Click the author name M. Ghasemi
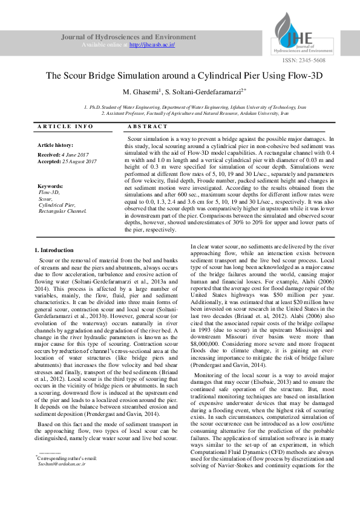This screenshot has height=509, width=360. point(142,92)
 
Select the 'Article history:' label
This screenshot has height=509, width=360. point(55,146)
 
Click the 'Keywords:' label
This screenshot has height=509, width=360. point(50,186)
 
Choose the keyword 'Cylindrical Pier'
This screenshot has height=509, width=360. point(57,205)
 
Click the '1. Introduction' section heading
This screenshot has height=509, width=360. point(54,250)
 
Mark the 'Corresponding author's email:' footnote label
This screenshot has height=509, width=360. point(67,475)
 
